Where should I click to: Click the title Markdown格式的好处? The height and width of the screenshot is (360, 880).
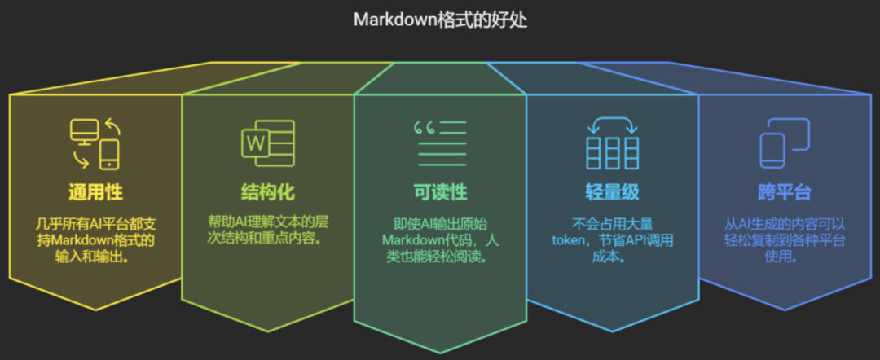coord(440,20)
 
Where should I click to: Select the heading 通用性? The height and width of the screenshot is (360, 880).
coord(95,192)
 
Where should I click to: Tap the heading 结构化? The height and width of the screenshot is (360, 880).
coord(268,192)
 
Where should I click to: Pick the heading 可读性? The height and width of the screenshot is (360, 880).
coord(440,192)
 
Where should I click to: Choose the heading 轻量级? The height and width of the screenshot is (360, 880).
coord(612,192)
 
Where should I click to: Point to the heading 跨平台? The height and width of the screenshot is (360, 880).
coord(785,192)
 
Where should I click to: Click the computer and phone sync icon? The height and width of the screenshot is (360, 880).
coord(95,143)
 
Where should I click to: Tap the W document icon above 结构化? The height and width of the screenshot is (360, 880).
coord(268,143)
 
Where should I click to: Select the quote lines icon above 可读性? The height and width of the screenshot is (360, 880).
coord(440,143)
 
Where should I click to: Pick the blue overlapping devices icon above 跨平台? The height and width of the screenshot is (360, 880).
coord(785,143)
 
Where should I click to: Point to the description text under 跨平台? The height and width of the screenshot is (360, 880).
coord(785,240)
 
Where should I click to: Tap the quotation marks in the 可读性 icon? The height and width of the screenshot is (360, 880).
coord(425,129)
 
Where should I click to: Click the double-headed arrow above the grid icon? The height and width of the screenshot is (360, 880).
coord(612,125)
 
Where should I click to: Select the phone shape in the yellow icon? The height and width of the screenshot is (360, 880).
coord(109,154)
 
